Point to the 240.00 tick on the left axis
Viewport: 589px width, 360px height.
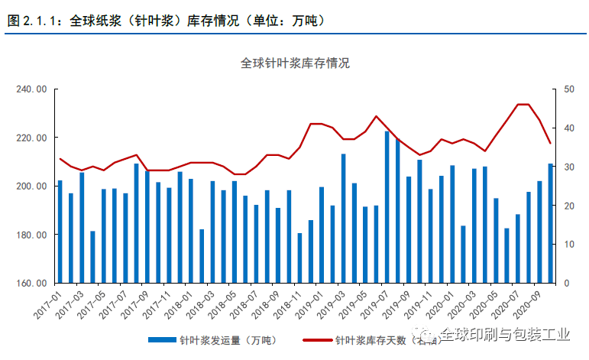pyautogui.click(x=31, y=89)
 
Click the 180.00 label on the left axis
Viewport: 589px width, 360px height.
pyautogui.click(x=31, y=235)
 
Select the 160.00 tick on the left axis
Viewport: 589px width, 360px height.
pyautogui.click(x=31, y=284)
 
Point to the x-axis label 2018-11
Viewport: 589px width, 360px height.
pyautogui.click(x=287, y=303)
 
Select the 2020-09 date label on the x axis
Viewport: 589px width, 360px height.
pyautogui.click(x=528, y=303)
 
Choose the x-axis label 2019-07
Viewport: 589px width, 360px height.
pyautogui.click(x=375, y=303)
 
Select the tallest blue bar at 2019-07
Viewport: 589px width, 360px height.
pyautogui.click(x=387, y=207)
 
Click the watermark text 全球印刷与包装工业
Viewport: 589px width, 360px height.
pyautogui.click(x=503, y=335)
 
